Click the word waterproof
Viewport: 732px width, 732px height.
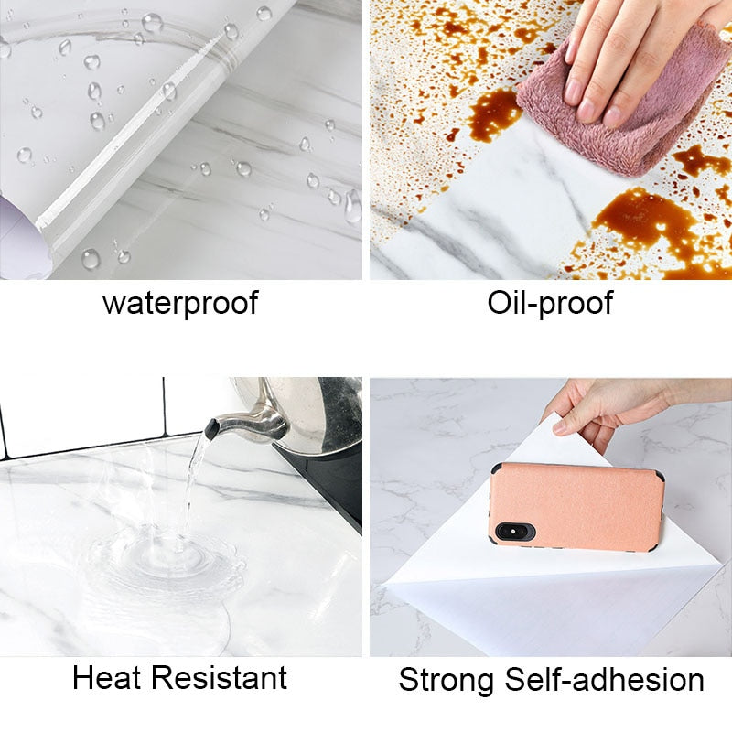click(180, 304)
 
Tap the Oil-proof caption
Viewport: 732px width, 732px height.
click(550, 304)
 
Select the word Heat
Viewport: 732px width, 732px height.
click(107, 677)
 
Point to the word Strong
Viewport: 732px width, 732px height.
click(446, 680)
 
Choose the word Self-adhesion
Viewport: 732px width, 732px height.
click(605, 680)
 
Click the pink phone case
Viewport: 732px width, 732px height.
click(577, 507)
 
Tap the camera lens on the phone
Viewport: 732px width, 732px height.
click(513, 532)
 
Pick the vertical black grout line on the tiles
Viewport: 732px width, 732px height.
click(165, 405)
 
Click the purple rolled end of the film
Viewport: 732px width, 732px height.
click(21, 238)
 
